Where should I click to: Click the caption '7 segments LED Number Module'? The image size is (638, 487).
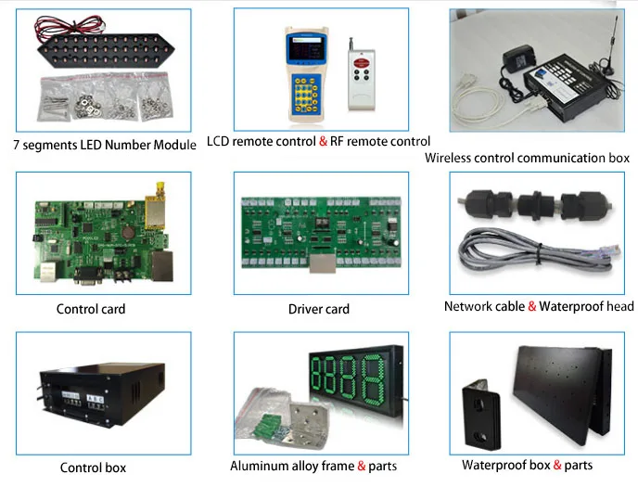105,146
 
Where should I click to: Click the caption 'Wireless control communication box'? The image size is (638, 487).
527,158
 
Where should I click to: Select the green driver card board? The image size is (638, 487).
318,235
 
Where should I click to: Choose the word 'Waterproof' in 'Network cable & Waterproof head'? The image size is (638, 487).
571,307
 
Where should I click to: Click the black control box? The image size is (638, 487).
89,399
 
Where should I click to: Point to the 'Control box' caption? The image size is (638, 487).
93,468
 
